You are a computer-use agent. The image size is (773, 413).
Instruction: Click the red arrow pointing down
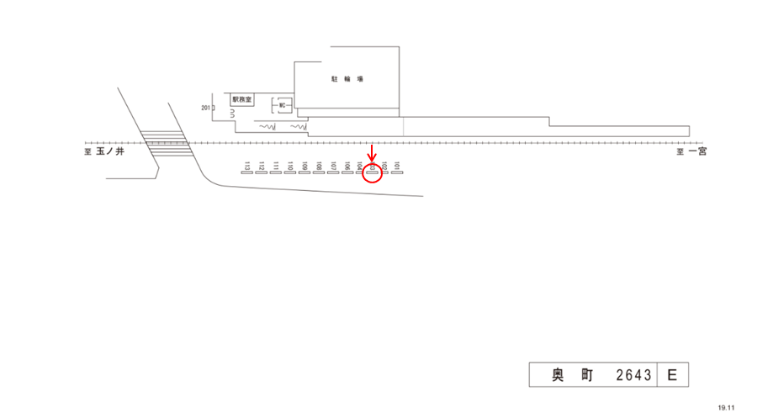tap(373, 152)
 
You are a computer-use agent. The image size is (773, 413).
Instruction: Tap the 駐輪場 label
tap(347, 79)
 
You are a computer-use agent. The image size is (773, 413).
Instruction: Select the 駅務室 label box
tap(242, 99)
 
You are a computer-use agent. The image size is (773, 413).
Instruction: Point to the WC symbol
tap(283, 106)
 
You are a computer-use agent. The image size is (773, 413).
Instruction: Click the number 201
tap(205, 108)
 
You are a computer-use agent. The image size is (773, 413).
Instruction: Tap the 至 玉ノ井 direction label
tap(104, 152)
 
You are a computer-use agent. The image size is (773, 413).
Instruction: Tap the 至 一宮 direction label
tap(692, 152)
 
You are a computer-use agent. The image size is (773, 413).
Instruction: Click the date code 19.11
tap(726, 407)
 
